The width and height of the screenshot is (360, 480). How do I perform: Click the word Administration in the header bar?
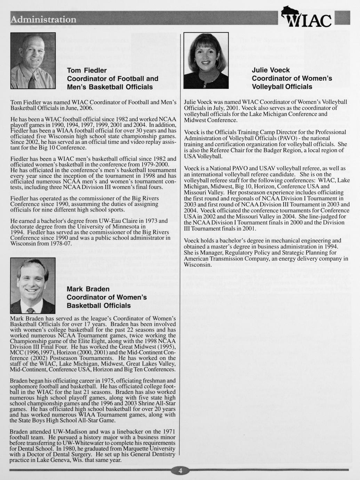coord(43,19)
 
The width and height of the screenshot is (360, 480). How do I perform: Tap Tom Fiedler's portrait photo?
coord(33,61)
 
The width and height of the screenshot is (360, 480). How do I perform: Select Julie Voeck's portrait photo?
coord(206,61)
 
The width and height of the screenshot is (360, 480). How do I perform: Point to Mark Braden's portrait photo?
coord(33,286)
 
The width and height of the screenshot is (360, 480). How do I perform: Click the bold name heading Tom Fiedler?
coord(87,71)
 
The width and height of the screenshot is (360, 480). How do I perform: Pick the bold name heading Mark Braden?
coord(88,289)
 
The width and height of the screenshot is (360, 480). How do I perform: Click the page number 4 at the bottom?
coord(180,471)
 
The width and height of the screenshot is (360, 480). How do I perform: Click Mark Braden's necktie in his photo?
coord(31,310)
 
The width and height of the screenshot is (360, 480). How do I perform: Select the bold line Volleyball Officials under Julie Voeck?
coord(282,87)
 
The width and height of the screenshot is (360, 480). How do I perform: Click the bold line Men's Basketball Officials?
coord(110,87)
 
